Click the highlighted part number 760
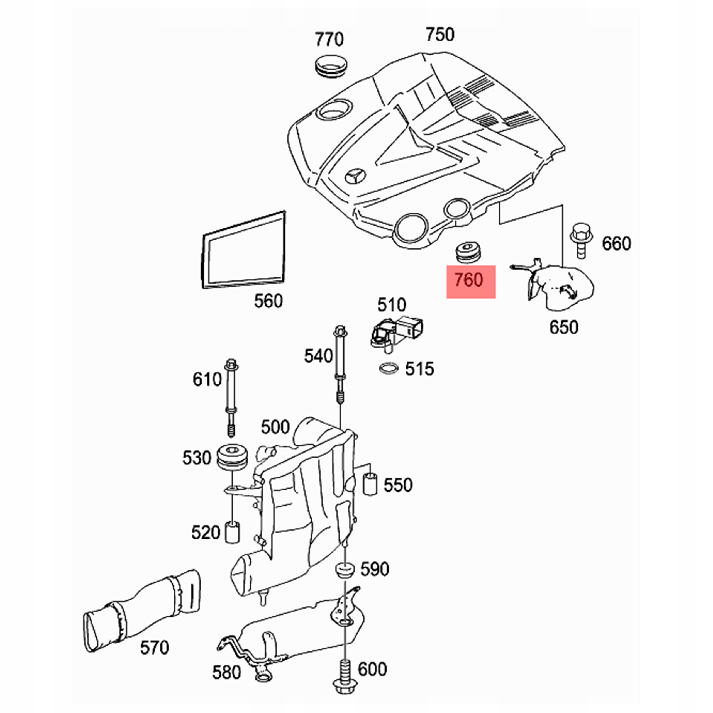coord(468,280)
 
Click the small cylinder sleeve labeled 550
coord(370,483)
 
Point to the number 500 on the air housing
coord(275,427)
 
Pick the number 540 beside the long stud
coord(319,356)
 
